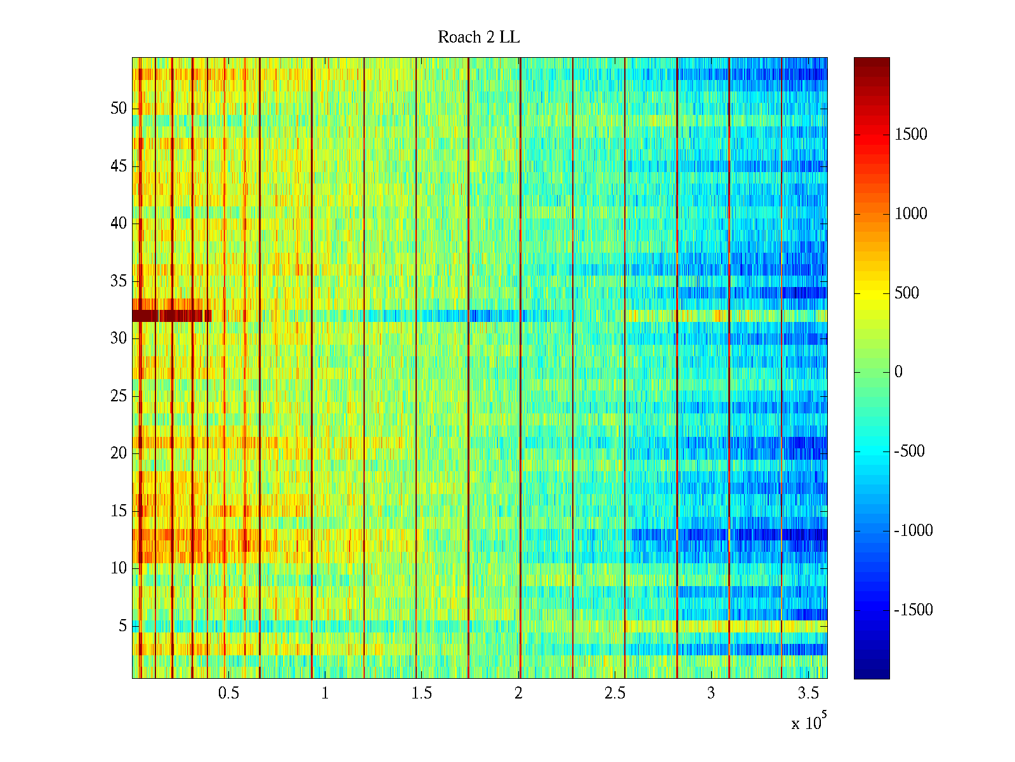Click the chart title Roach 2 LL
tap(478, 37)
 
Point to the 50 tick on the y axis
tap(119, 109)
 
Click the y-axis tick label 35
tap(119, 281)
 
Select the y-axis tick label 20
tap(119, 453)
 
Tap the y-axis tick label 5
tap(122, 626)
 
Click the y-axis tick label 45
tap(119, 166)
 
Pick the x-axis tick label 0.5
tap(228, 693)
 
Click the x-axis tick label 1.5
tap(422, 693)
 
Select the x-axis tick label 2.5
tap(615, 693)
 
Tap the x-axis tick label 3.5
tap(808, 693)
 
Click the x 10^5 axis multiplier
tap(808, 722)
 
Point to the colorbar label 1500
tap(911, 135)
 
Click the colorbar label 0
tap(898, 372)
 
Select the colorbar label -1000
tap(913, 531)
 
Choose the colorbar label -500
tap(910, 451)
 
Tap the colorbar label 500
tap(907, 293)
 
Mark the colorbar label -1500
tap(913, 610)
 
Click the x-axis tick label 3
tap(711, 693)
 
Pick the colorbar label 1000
tap(911, 214)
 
